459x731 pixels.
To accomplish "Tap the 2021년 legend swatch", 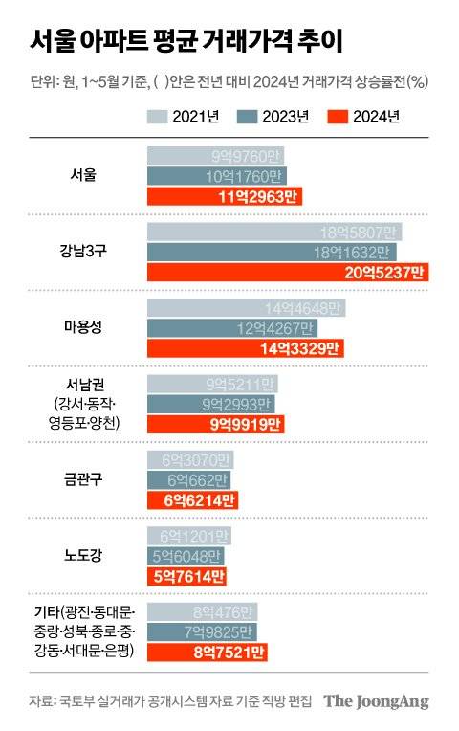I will (157, 118).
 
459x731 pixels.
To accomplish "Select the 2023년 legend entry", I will (273, 118).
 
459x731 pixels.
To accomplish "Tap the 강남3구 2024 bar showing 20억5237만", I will (287, 273).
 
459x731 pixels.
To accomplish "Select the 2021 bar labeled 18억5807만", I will (274, 231).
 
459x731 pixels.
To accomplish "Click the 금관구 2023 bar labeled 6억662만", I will (189, 478).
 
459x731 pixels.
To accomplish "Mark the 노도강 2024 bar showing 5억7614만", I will (187, 576).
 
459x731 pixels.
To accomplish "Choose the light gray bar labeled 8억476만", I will (203, 609).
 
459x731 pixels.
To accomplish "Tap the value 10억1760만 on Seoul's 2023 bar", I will (243, 176).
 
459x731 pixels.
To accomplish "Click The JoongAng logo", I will (375, 701).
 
